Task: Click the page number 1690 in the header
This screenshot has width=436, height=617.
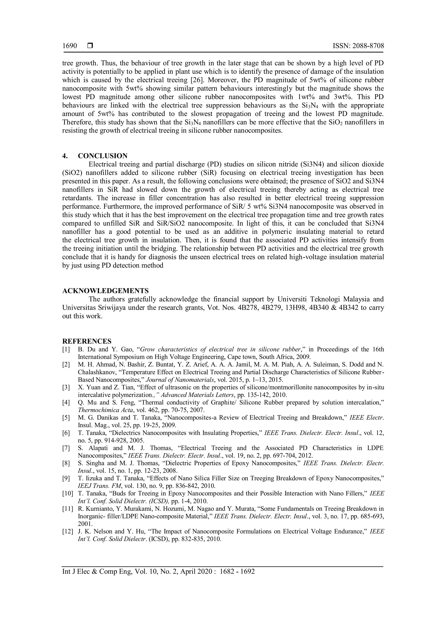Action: pos(70,46)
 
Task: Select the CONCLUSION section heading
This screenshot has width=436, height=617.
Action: pos(103,156)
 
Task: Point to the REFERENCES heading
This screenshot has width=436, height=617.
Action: pos(87,341)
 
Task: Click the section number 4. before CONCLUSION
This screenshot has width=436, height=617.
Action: pos(65,156)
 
